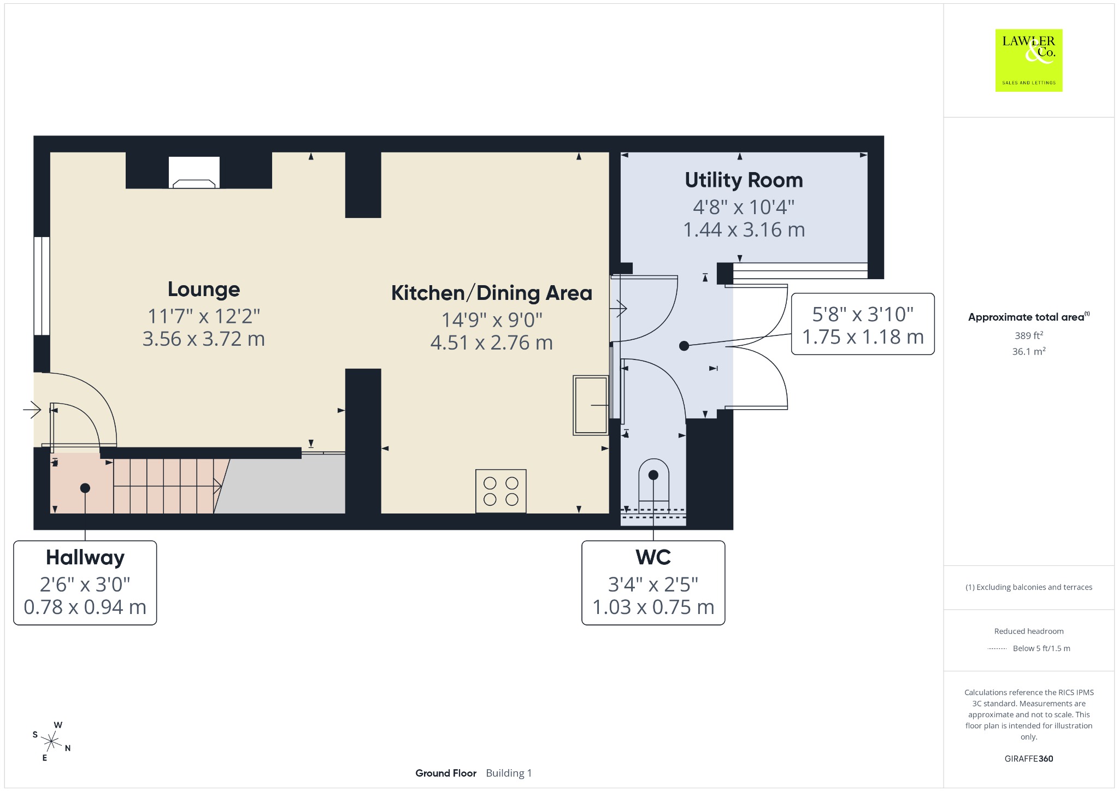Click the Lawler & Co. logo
[1029, 60]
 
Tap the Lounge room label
[204, 290]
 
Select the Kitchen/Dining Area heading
[492, 293]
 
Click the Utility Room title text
[744, 180]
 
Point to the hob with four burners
[501, 491]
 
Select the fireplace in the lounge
[194, 173]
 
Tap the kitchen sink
[591, 405]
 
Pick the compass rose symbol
[51, 742]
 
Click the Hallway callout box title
[85, 558]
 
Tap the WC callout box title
[653, 558]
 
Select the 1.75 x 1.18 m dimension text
[863, 337]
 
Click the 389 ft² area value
[1028, 335]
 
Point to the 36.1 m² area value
[1029, 351]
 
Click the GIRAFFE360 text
[1029, 759]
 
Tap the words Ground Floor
[446, 773]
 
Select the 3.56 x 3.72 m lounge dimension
[204, 339]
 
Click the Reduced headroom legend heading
[1029, 631]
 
